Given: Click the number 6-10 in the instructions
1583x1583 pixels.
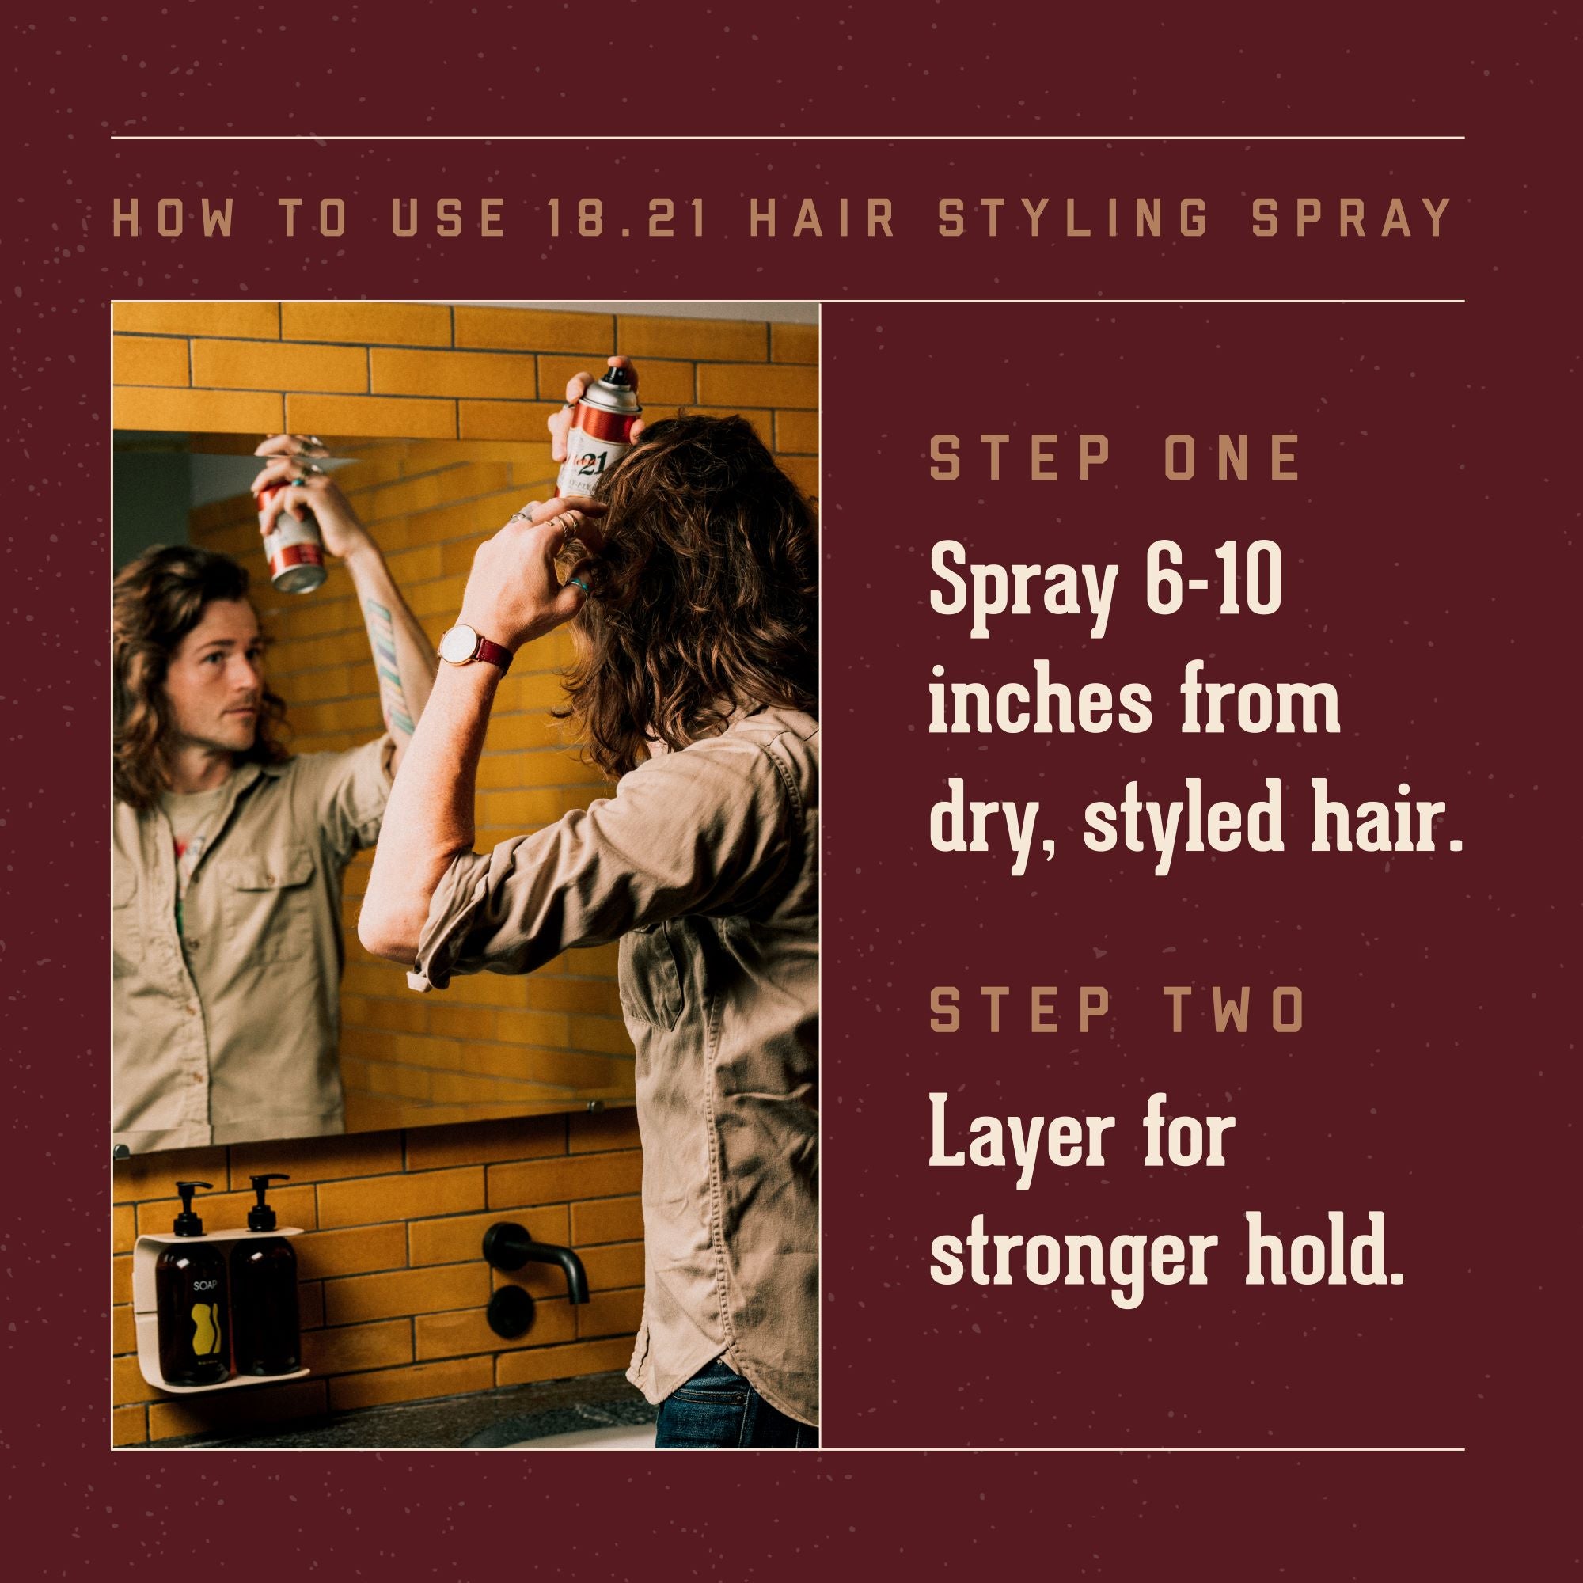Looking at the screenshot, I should tap(1213, 586).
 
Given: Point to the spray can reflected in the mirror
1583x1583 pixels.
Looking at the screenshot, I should tap(293, 537).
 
